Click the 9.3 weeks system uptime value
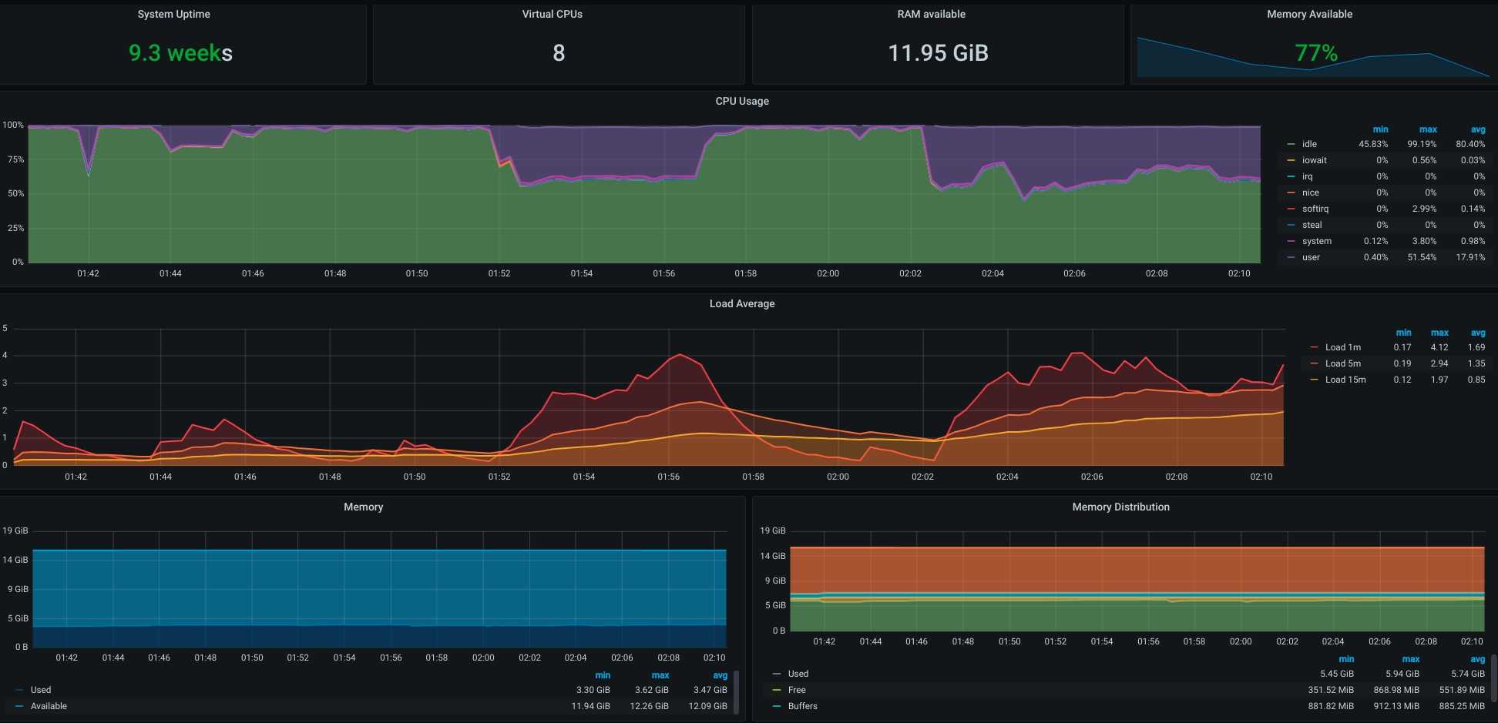click(x=180, y=53)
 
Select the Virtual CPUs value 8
click(x=559, y=53)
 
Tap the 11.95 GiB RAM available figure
click(x=938, y=53)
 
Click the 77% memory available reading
click(x=1315, y=53)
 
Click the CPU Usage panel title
click(x=741, y=101)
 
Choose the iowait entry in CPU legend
click(x=1314, y=160)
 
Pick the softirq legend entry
click(x=1315, y=209)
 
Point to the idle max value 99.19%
click(x=1422, y=144)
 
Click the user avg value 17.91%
click(x=1470, y=257)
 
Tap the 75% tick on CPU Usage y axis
click(x=15, y=159)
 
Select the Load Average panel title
click(x=741, y=303)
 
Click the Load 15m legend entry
click(x=1345, y=380)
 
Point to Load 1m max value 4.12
click(x=1439, y=347)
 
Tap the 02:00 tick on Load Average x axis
click(x=838, y=477)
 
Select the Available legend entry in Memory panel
click(x=49, y=706)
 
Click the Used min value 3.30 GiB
click(x=593, y=690)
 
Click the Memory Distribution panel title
click(x=1120, y=507)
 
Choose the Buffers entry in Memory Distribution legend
click(x=802, y=706)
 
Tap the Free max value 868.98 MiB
click(x=1396, y=690)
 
